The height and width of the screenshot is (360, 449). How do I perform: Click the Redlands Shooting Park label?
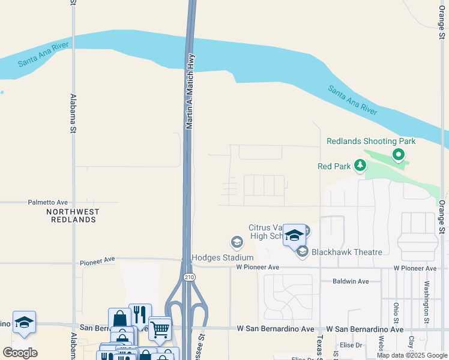(371, 141)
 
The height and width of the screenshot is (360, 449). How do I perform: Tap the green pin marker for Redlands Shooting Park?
(398, 155)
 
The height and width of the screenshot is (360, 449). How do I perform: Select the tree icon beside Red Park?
(360, 165)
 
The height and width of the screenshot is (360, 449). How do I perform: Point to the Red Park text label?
(333, 166)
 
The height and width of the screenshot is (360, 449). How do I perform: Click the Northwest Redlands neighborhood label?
(73, 215)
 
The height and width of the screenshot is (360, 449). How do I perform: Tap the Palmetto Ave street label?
(47, 203)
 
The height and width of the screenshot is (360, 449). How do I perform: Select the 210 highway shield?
(189, 277)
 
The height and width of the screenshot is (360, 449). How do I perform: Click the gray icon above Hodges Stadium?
(237, 242)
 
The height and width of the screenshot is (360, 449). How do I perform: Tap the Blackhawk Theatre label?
(347, 252)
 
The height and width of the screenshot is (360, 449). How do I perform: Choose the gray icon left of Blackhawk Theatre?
(302, 251)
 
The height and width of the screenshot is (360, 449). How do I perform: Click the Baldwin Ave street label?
(351, 281)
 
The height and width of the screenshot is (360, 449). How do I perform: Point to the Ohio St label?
(396, 313)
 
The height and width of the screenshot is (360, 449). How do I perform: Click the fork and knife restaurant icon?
(140, 314)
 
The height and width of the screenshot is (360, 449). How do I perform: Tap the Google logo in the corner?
(20, 353)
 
